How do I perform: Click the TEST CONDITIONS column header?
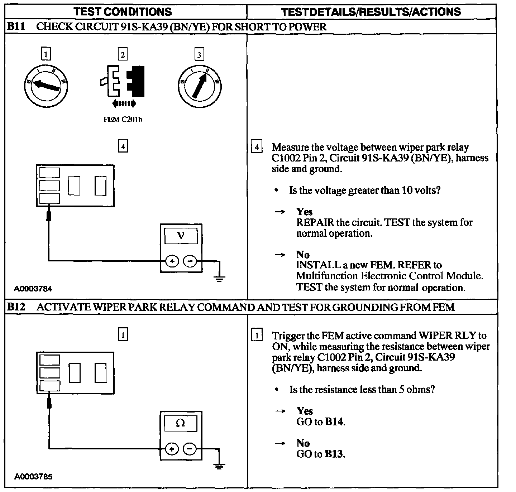[x=123, y=11]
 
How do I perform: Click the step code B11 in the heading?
[x=16, y=27]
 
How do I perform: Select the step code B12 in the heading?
[x=16, y=307]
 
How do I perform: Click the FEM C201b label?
[x=123, y=120]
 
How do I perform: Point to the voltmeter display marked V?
[x=181, y=236]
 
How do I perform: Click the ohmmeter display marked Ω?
[x=181, y=423]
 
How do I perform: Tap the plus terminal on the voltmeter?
[x=172, y=261]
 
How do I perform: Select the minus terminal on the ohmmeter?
[x=190, y=448]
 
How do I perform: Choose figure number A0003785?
[x=33, y=477]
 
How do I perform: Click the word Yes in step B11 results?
[x=304, y=212]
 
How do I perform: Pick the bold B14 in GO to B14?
[x=334, y=422]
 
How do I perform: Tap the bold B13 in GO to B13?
[x=334, y=454]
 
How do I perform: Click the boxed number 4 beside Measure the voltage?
[x=256, y=147]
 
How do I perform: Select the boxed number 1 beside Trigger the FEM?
[x=256, y=336]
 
